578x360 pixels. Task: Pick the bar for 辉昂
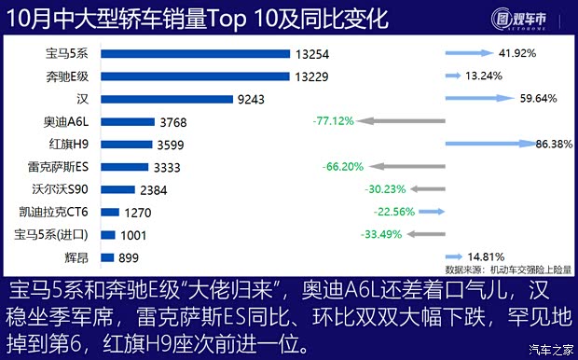tap(106, 257)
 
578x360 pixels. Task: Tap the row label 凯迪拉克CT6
tap(60, 212)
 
